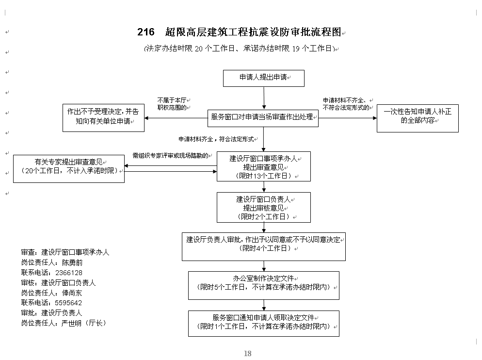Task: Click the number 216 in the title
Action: (145, 33)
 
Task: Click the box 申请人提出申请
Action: (263, 78)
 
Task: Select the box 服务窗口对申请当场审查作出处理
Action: (263, 117)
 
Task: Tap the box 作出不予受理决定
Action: (103, 117)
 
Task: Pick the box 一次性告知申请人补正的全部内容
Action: (417, 117)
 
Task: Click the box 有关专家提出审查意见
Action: (68, 168)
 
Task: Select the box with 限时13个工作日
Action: (263, 167)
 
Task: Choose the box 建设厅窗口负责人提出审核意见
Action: (263, 207)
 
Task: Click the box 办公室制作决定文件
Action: (263, 285)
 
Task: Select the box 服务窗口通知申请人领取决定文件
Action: (263, 323)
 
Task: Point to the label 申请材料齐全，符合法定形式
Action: (216, 139)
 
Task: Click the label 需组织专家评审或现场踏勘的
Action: (171, 156)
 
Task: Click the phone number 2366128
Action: (69, 273)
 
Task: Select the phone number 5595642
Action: (69, 303)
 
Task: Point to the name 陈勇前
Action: (73, 262)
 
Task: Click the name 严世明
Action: (72, 323)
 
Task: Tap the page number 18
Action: (247, 353)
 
